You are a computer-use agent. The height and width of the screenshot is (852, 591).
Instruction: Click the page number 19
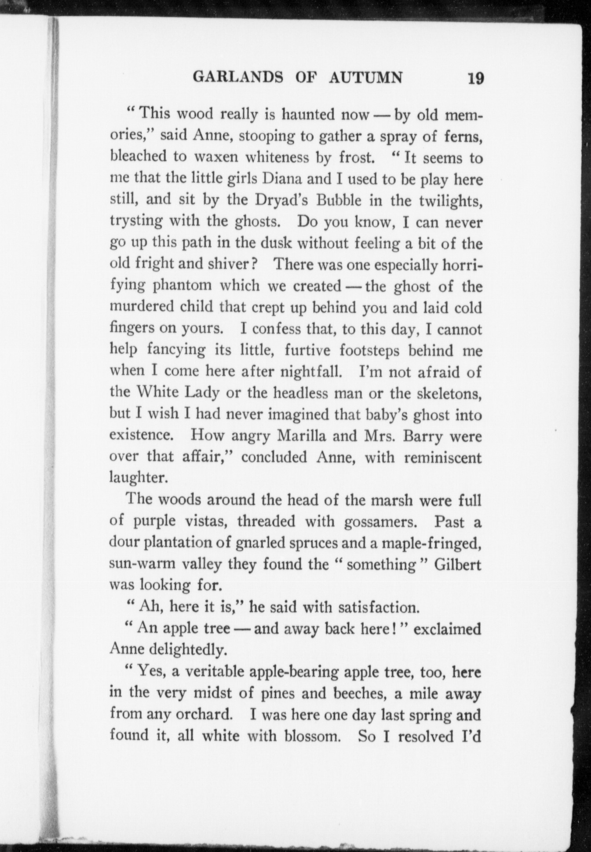click(475, 78)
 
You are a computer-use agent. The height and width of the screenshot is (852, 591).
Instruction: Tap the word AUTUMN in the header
click(365, 77)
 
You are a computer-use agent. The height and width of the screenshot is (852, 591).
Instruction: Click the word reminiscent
click(443, 458)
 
